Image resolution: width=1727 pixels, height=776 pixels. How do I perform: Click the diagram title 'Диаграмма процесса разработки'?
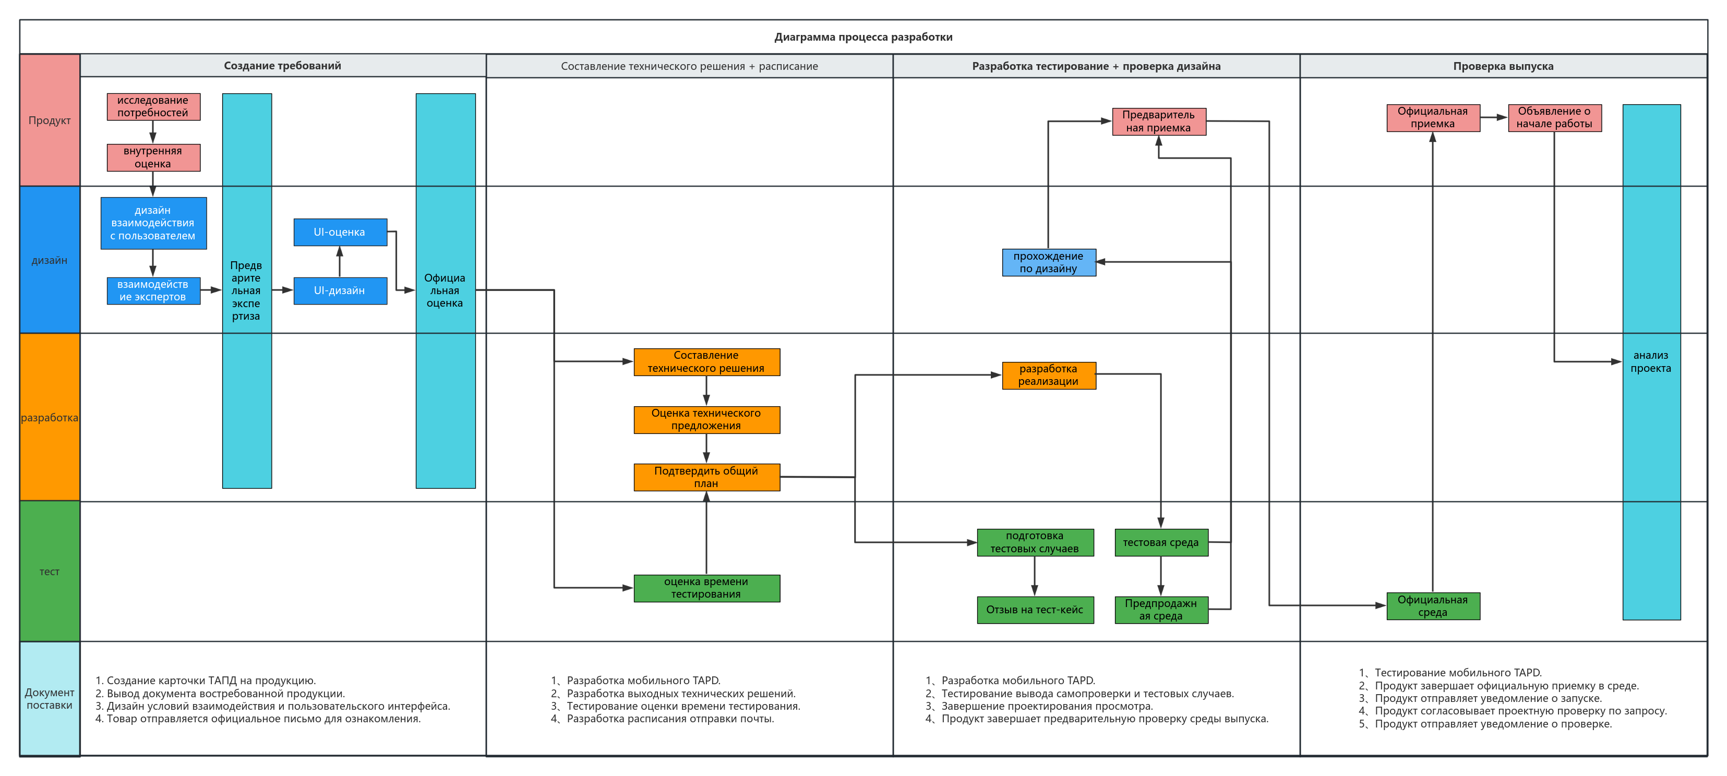tap(863, 37)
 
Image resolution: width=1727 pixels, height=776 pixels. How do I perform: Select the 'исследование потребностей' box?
tap(153, 106)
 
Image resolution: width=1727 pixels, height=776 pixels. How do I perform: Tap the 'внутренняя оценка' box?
tap(153, 157)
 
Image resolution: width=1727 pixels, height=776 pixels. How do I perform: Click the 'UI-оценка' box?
tap(340, 232)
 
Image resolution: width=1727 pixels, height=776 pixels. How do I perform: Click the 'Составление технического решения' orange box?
tap(706, 362)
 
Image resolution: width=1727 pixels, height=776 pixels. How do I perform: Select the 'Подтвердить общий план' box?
tap(706, 477)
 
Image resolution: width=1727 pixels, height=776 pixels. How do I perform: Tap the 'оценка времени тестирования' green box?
tap(706, 588)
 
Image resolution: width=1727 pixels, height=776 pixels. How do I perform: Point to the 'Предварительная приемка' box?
tap(1159, 122)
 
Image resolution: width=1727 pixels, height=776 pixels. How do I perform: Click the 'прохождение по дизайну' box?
tap(1049, 262)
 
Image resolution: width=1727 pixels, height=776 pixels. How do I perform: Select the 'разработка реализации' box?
tap(1049, 375)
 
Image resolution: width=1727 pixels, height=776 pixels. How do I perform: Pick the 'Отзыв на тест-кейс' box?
tap(1035, 610)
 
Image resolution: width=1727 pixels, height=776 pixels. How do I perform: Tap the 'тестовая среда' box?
tap(1161, 543)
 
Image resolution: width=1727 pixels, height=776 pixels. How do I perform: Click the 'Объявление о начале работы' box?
tap(1555, 118)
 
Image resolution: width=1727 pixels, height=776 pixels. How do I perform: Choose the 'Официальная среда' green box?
tap(1433, 607)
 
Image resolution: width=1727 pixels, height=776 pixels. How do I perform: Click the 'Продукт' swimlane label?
tap(50, 120)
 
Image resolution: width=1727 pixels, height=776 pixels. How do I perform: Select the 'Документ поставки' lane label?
tap(50, 698)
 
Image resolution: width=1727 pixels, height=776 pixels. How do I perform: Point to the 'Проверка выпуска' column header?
tap(1503, 66)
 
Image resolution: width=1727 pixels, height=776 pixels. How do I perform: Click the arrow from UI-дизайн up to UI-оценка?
tap(340, 261)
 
